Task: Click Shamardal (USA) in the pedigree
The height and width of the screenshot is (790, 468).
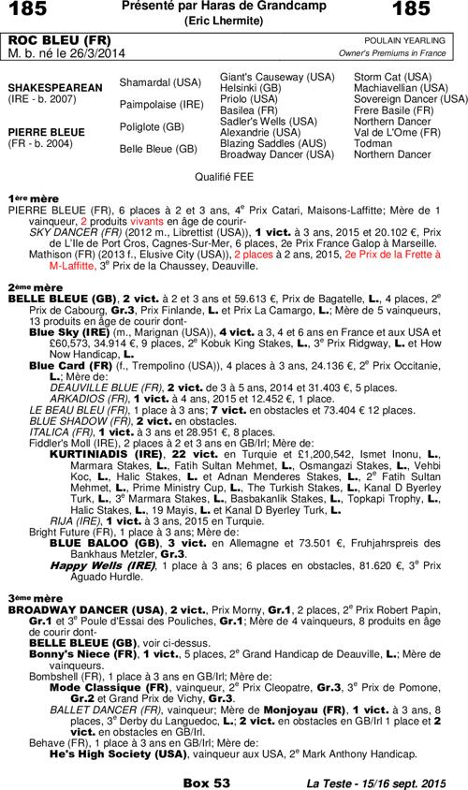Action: pos(160,82)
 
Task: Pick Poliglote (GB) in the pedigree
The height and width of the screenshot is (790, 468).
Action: pos(152,125)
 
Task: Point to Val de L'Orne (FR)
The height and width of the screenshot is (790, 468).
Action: pos(397,132)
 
